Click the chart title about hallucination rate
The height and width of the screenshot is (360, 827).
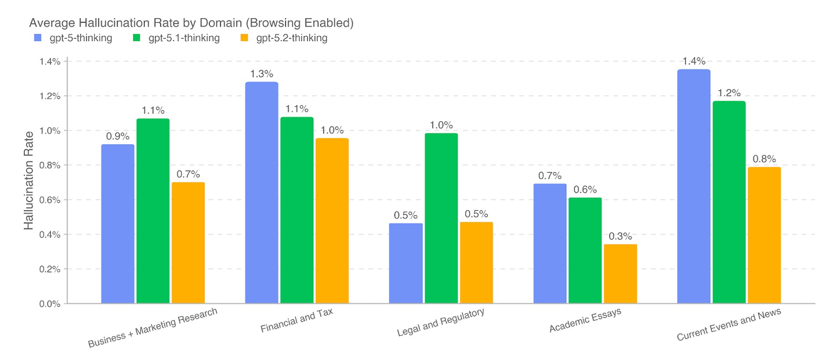[x=191, y=23]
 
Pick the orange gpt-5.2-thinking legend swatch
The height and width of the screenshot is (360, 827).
[x=244, y=38]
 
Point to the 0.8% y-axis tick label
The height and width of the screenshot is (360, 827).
[x=50, y=165]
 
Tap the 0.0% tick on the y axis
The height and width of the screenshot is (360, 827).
[x=50, y=304]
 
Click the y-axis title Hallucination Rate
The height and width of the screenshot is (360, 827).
[x=29, y=180]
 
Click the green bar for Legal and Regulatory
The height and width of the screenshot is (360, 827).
[x=441, y=218]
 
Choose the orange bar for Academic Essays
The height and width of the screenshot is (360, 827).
[x=620, y=273]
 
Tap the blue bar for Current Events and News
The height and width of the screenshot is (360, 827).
[x=693, y=186]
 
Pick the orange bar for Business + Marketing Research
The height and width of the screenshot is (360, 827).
[x=188, y=243]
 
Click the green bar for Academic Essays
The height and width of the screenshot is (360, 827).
[x=585, y=251]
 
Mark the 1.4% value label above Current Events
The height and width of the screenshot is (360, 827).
[x=694, y=61]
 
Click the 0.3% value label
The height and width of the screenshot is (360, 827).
[x=620, y=236]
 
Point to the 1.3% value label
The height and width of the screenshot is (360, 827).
[x=262, y=74]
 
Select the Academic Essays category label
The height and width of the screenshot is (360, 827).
[x=585, y=320]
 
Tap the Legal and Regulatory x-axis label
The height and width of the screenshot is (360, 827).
[x=441, y=322]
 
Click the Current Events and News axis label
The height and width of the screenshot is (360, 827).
[x=729, y=324]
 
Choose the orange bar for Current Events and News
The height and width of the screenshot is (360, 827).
[x=764, y=235]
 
